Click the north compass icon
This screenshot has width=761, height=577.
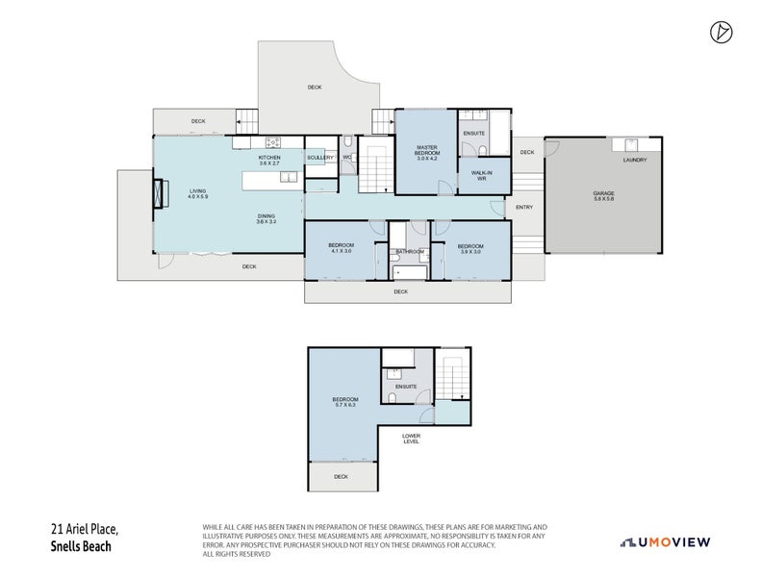coord(721,32)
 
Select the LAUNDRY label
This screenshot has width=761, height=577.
coord(634,160)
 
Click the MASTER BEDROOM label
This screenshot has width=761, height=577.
coord(426,151)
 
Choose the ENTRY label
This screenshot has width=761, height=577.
coord(524,207)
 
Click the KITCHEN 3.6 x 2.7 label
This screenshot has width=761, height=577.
coord(269,160)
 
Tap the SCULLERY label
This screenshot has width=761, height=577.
coord(319,157)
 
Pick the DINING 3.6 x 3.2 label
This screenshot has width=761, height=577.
coord(266,218)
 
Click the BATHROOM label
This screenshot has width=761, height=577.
coord(409,252)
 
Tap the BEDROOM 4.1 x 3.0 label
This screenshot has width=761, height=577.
coord(341,248)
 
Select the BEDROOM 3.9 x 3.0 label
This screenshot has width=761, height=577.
coord(469,248)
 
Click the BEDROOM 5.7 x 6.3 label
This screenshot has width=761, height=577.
coord(344,402)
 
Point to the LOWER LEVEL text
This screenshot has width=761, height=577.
coord(411,439)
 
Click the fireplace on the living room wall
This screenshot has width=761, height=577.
coord(158,193)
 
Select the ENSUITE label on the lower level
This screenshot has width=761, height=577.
coord(406,387)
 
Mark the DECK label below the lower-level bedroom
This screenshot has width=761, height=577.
coord(341,476)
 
